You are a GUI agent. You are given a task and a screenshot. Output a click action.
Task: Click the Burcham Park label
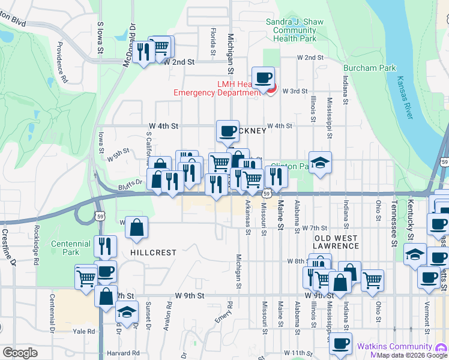(368, 68)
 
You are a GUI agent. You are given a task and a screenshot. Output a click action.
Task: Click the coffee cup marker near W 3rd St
(263, 77)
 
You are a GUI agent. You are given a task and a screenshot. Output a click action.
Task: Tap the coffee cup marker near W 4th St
(228, 131)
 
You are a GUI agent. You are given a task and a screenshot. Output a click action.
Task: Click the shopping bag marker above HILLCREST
(137, 227)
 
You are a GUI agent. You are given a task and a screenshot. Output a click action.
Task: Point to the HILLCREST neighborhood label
(154, 253)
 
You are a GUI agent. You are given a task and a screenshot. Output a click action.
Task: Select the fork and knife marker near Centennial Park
(106, 246)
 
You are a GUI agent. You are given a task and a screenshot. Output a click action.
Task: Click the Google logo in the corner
(20, 352)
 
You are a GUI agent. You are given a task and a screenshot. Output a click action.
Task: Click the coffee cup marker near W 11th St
(341, 343)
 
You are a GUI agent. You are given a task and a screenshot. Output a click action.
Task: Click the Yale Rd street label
(83, 331)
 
